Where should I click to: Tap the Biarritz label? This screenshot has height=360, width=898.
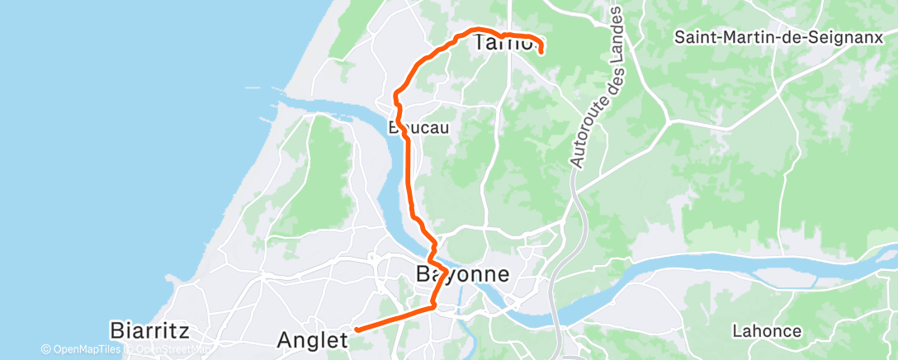click(150, 332)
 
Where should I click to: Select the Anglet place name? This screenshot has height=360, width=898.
click(307, 339)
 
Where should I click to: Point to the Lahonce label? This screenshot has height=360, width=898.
click(767, 331)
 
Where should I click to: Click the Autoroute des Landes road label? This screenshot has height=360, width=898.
click(599, 88)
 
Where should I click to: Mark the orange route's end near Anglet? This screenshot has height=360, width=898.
click(357, 329)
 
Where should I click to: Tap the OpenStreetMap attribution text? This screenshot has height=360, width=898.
click(170, 350)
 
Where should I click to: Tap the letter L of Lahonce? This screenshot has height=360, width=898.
click(736, 331)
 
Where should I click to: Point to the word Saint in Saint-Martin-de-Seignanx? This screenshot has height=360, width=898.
click(693, 37)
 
